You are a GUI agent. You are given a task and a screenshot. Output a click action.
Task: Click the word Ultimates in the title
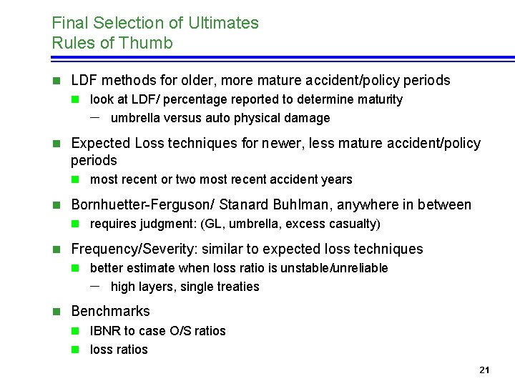pos(223,23)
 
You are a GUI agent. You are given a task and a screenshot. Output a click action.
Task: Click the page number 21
pos(484,370)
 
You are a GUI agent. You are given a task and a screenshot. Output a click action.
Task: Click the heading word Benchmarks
pos(111,311)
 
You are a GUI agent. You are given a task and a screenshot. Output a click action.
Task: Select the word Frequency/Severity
pos(134,249)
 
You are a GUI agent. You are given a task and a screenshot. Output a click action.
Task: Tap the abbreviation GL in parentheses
pos(213,224)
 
